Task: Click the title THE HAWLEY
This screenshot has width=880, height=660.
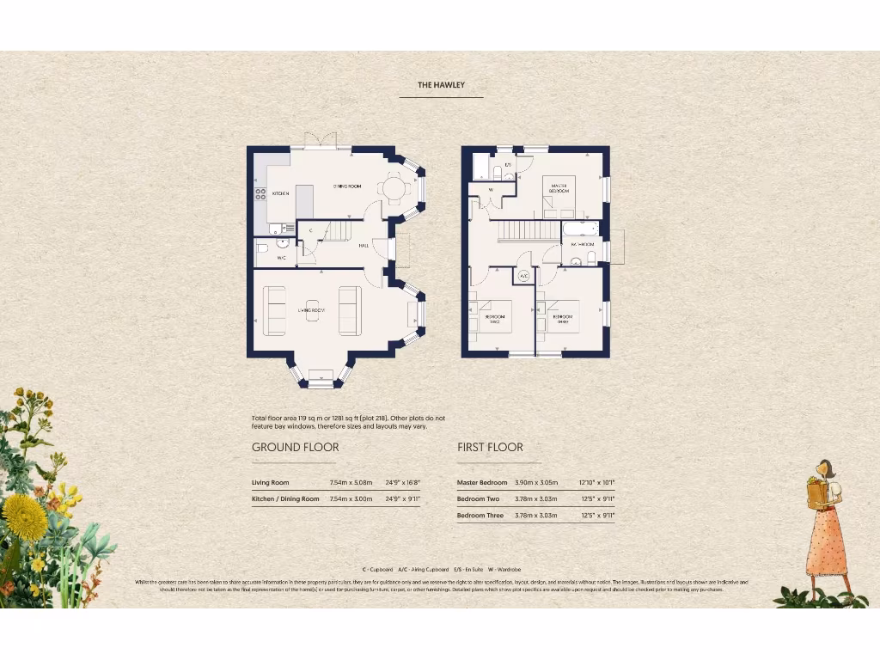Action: tap(441, 85)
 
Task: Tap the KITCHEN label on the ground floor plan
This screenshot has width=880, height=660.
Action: tap(281, 194)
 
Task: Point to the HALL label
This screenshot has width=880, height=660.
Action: tap(364, 244)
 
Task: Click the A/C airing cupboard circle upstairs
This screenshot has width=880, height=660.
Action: tap(523, 277)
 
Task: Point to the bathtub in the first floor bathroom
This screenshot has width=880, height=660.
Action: tap(579, 229)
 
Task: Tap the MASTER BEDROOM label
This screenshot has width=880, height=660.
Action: tap(559, 188)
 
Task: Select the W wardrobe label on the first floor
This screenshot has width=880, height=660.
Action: tap(491, 191)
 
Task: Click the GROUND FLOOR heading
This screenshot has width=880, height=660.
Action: tap(295, 447)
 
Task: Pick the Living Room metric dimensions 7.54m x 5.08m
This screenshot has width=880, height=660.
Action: tap(351, 483)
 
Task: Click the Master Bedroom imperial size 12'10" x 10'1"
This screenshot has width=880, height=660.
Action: tap(596, 483)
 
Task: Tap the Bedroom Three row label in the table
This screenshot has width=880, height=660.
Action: tap(481, 516)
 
